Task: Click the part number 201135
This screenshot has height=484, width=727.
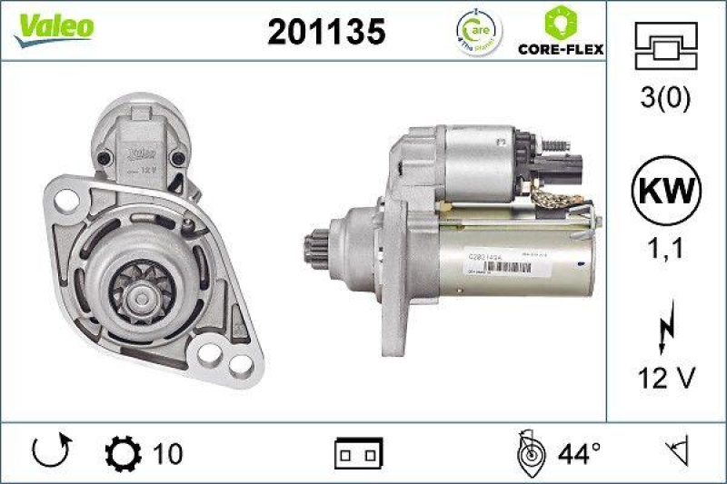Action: tap(326, 32)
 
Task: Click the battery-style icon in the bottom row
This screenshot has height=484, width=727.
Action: tap(359, 451)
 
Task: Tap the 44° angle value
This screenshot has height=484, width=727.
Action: tap(580, 451)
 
